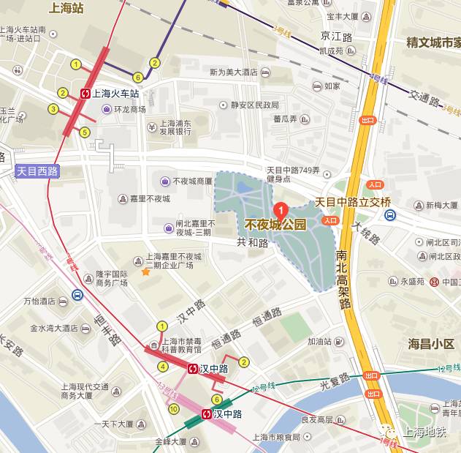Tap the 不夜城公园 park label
(x=275, y=225)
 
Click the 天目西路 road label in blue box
(x=37, y=171)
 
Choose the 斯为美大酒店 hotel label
(x=233, y=72)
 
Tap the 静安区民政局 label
(x=255, y=105)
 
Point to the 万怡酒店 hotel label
(x=39, y=301)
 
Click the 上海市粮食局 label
(x=276, y=437)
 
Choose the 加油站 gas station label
(x=319, y=341)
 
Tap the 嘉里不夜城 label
(x=149, y=199)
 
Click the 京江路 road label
(x=337, y=36)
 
